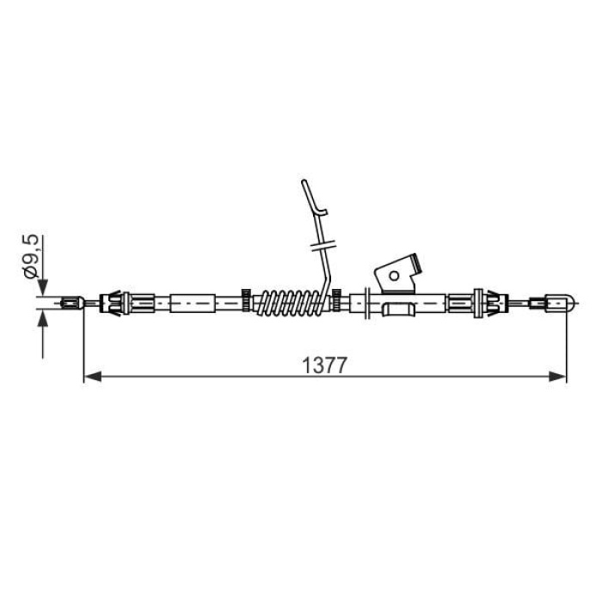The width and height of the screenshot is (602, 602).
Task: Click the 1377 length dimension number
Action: [325, 365]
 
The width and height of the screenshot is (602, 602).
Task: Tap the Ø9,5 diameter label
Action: [32, 257]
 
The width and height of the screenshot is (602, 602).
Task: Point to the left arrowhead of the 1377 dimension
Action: [93, 377]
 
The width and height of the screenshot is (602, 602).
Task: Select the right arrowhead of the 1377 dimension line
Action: [557, 377]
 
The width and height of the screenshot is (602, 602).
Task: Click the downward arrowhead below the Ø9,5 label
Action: [43, 287]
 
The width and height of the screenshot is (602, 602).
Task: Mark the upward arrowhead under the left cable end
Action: [43, 319]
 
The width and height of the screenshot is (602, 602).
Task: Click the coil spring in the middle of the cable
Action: [292, 304]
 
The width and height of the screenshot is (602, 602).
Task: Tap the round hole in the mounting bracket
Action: [394, 275]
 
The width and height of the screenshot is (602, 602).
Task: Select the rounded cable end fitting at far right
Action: [554, 304]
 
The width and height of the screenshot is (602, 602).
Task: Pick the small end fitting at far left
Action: [72, 304]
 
